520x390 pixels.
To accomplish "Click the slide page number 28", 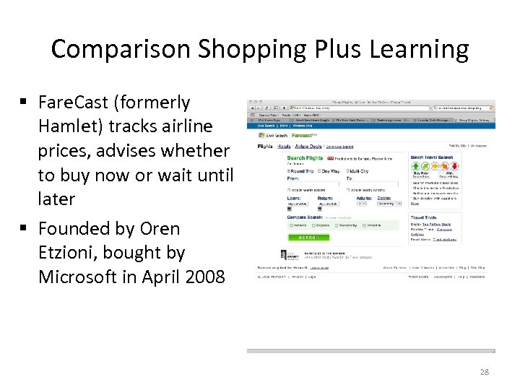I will coord(485,371).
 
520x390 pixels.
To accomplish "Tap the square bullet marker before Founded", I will coord(27,229).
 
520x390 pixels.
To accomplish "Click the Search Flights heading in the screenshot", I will coord(305,157).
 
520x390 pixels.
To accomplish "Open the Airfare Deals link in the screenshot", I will coord(309,145).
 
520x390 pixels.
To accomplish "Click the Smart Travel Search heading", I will coord(432,157).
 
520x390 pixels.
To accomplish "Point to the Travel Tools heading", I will coord(424,217).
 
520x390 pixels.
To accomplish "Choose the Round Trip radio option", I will coord(289,171).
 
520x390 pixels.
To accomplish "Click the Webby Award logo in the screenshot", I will coord(286,254).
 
